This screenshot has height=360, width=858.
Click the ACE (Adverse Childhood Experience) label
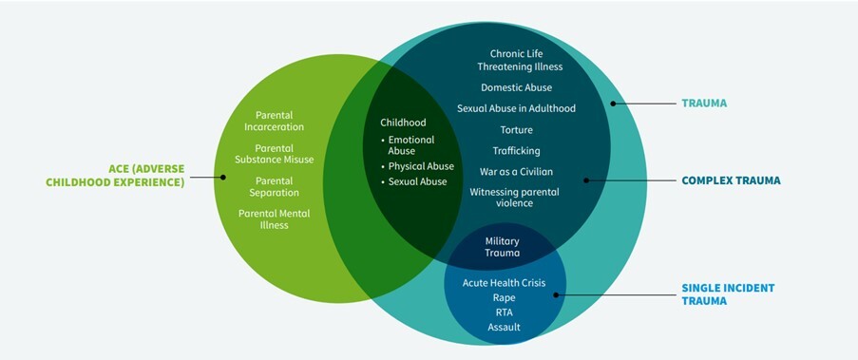coord(115,176)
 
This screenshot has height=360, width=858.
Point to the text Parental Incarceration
coord(274,121)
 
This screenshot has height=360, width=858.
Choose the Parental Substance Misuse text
coord(274,153)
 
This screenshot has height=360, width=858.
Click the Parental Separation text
coord(274,186)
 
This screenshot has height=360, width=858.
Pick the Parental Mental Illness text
coord(274,218)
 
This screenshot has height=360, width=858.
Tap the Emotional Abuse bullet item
coord(410,144)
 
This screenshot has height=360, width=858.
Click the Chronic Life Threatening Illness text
coord(520,60)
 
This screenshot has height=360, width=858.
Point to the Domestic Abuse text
coord(516,87)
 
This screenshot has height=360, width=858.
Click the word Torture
coord(516,129)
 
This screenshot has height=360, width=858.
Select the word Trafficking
coord(516,150)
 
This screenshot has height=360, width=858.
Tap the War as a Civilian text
coord(516,171)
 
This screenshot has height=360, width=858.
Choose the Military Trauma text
coord(503,247)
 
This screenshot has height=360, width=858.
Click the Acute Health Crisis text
coord(504,282)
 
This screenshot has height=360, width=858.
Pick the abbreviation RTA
coord(504,312)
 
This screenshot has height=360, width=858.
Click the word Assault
coord(504,327)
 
